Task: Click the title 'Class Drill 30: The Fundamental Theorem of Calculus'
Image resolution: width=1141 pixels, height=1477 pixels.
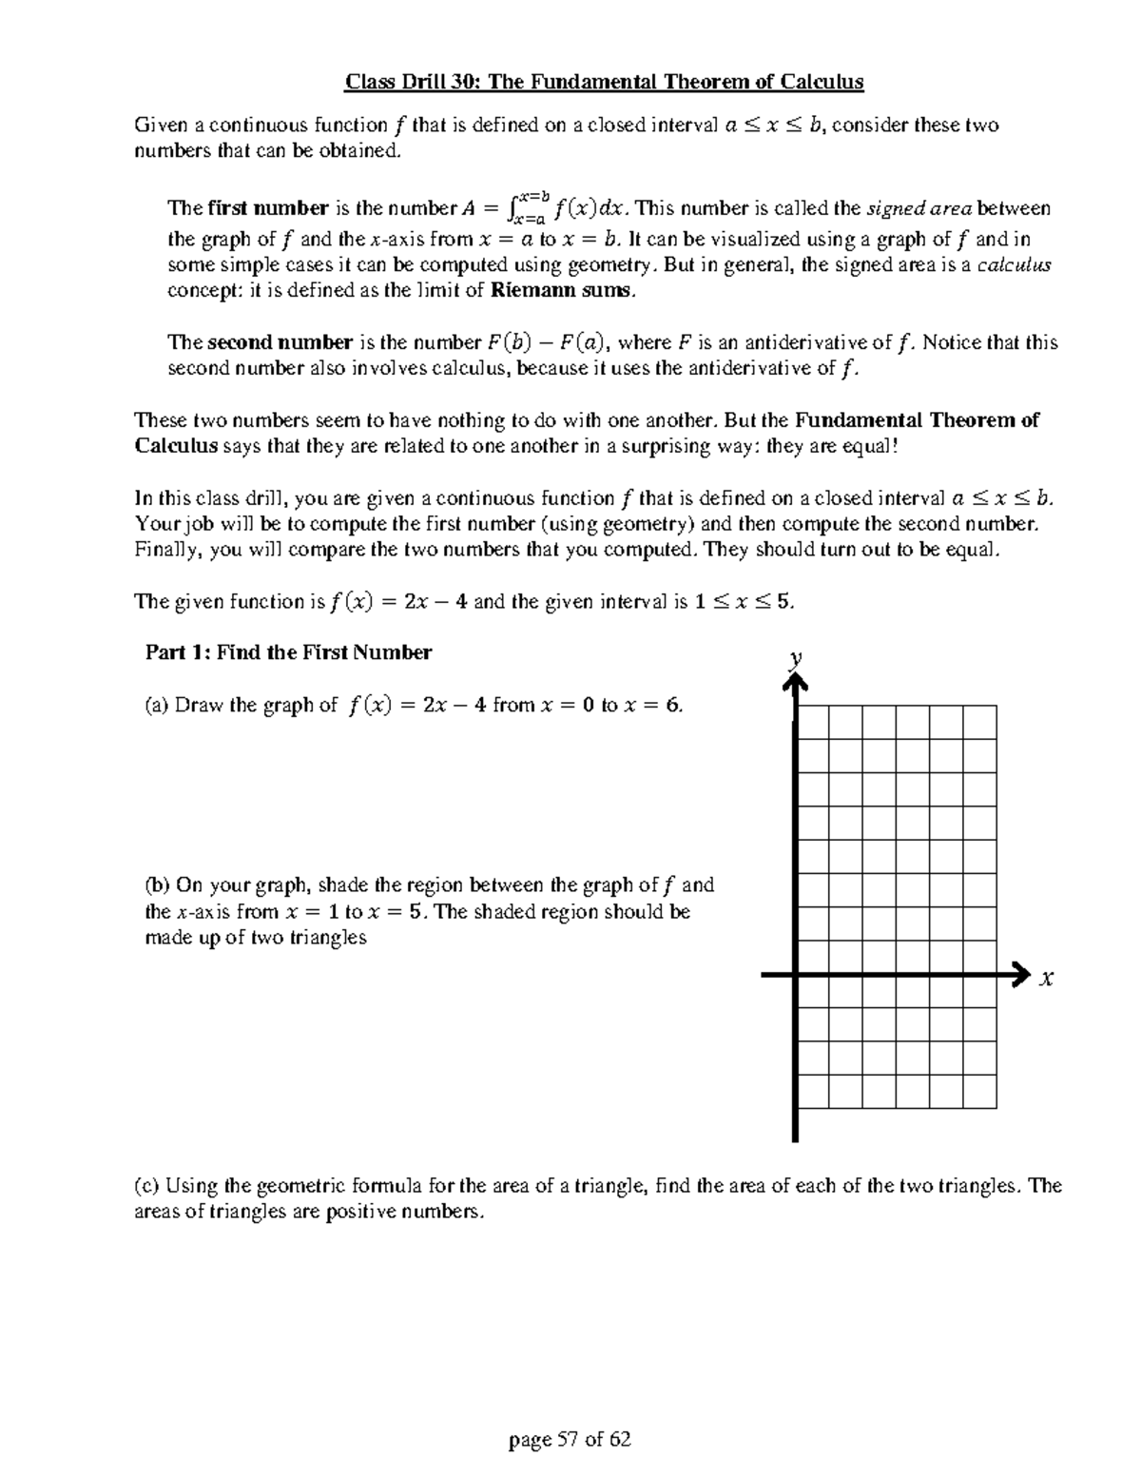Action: click(604, 82)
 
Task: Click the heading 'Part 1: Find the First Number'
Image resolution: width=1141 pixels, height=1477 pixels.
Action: click(288, 652)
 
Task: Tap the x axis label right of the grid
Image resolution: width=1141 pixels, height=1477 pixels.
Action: click(1047, 978)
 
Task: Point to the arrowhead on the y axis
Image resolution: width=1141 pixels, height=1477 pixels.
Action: click(795, 682)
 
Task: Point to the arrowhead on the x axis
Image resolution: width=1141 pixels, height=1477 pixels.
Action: click(1019, 975)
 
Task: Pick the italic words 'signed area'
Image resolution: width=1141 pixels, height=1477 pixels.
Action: click(919, 208)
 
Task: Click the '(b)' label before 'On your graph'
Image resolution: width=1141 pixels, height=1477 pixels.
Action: click(158, 885)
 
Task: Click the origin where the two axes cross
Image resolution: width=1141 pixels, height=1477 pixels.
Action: click(795, 975)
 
